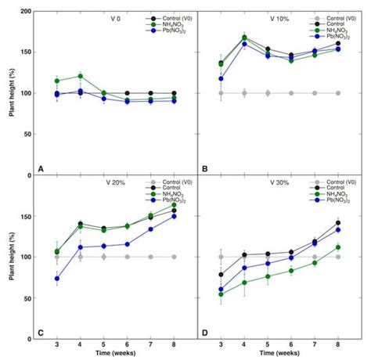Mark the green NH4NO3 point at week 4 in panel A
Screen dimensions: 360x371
click(80, 76)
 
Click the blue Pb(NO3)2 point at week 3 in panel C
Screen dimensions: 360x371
click(57, 279)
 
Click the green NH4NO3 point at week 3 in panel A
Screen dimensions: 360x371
click(57, 81)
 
